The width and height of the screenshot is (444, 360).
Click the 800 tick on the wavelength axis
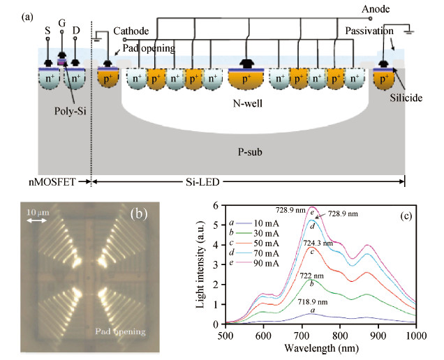click(x=339, y=336)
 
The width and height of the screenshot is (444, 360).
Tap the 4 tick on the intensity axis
click(x=216, y=244)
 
